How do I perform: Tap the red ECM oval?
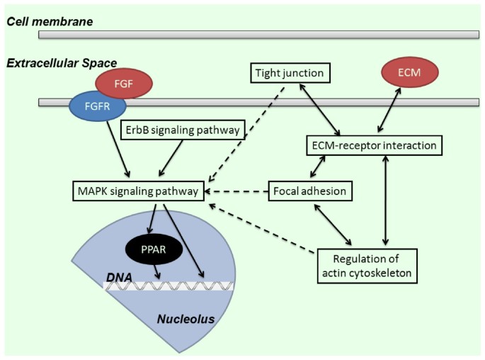click(410, 72)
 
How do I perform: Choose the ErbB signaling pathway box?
click(184, 130)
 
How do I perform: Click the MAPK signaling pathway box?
click(138, 191)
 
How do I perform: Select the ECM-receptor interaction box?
click(375, 145)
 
